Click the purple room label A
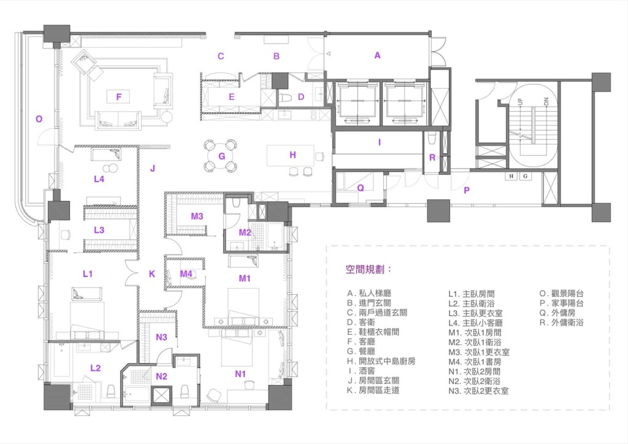[377, 55]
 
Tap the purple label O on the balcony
[39, 119]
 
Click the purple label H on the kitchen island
[293, 155]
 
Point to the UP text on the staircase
[520, 101]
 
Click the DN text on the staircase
[546, 102]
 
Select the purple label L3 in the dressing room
[99, 230]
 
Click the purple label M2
[245, 232]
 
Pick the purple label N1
[240, 374]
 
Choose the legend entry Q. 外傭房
[557, 313]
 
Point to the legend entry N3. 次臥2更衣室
[478, 391]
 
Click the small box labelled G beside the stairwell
[525, 176]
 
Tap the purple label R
[432, 158]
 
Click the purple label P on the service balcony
[466, 191]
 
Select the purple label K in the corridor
[152, 274]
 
